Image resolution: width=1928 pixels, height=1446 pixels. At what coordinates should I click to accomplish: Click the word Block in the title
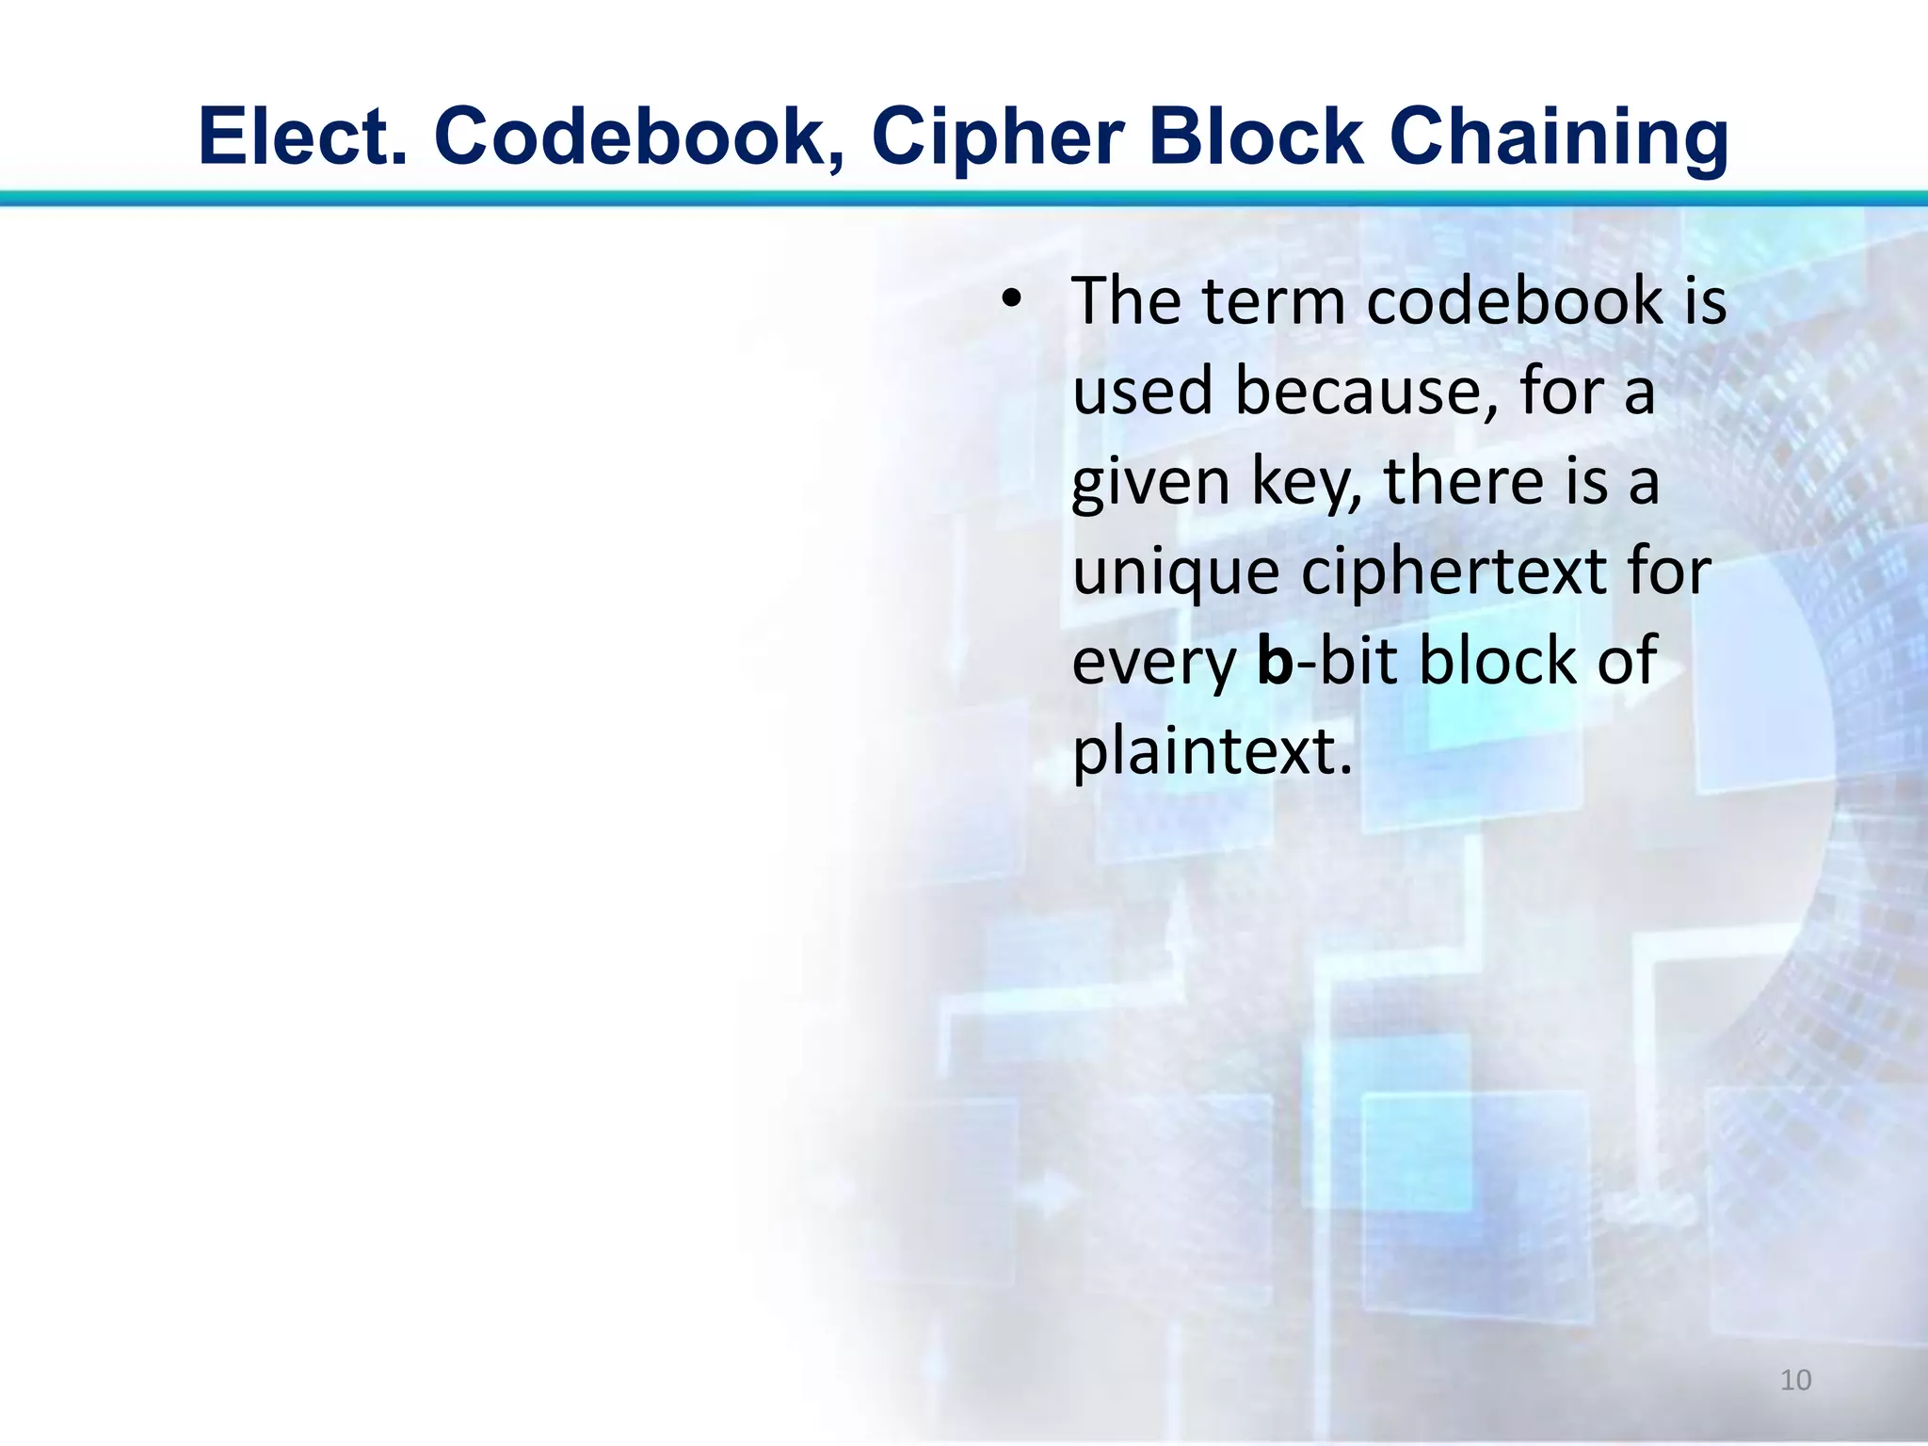[x=1256, y=137]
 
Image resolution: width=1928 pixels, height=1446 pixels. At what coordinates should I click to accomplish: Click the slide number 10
[x=1795, y=1380]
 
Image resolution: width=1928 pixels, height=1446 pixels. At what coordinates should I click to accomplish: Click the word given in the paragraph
[x=1150, y=482]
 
